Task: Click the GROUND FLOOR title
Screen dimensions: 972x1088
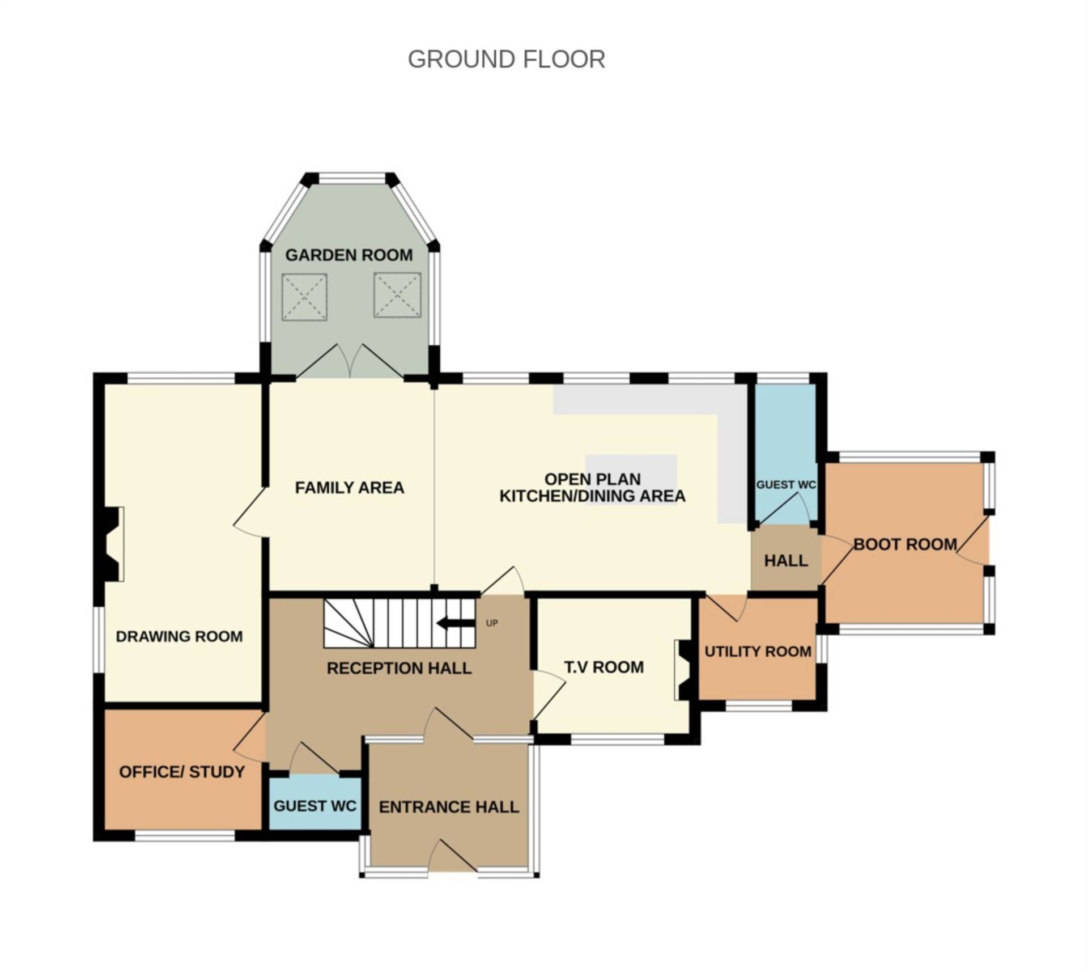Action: point(506,60)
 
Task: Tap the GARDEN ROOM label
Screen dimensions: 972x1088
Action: point(348,255)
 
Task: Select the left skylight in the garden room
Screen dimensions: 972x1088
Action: point(304,297)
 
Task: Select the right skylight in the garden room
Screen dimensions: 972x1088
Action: point(397,295)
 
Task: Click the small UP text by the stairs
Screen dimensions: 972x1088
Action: point(491,623)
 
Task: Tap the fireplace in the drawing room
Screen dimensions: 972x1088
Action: point(112,544)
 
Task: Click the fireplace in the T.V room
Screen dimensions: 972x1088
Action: point(683,670)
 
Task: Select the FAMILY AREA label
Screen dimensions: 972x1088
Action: point(349,488)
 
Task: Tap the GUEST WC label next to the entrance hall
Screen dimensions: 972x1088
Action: point(314,806)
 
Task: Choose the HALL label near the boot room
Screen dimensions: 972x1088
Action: point(785,561)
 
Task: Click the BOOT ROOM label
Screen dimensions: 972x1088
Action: point(904,544)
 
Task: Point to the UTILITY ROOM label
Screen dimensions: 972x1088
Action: point(758,652)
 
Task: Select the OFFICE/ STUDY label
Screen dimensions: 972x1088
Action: point(181,772)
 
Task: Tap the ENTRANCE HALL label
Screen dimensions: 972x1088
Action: point(449,807)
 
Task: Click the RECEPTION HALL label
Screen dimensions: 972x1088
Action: point(399,668)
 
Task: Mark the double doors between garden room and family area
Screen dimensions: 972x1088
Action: point(350,363)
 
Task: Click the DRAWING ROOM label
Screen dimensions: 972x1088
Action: point(179,636)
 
